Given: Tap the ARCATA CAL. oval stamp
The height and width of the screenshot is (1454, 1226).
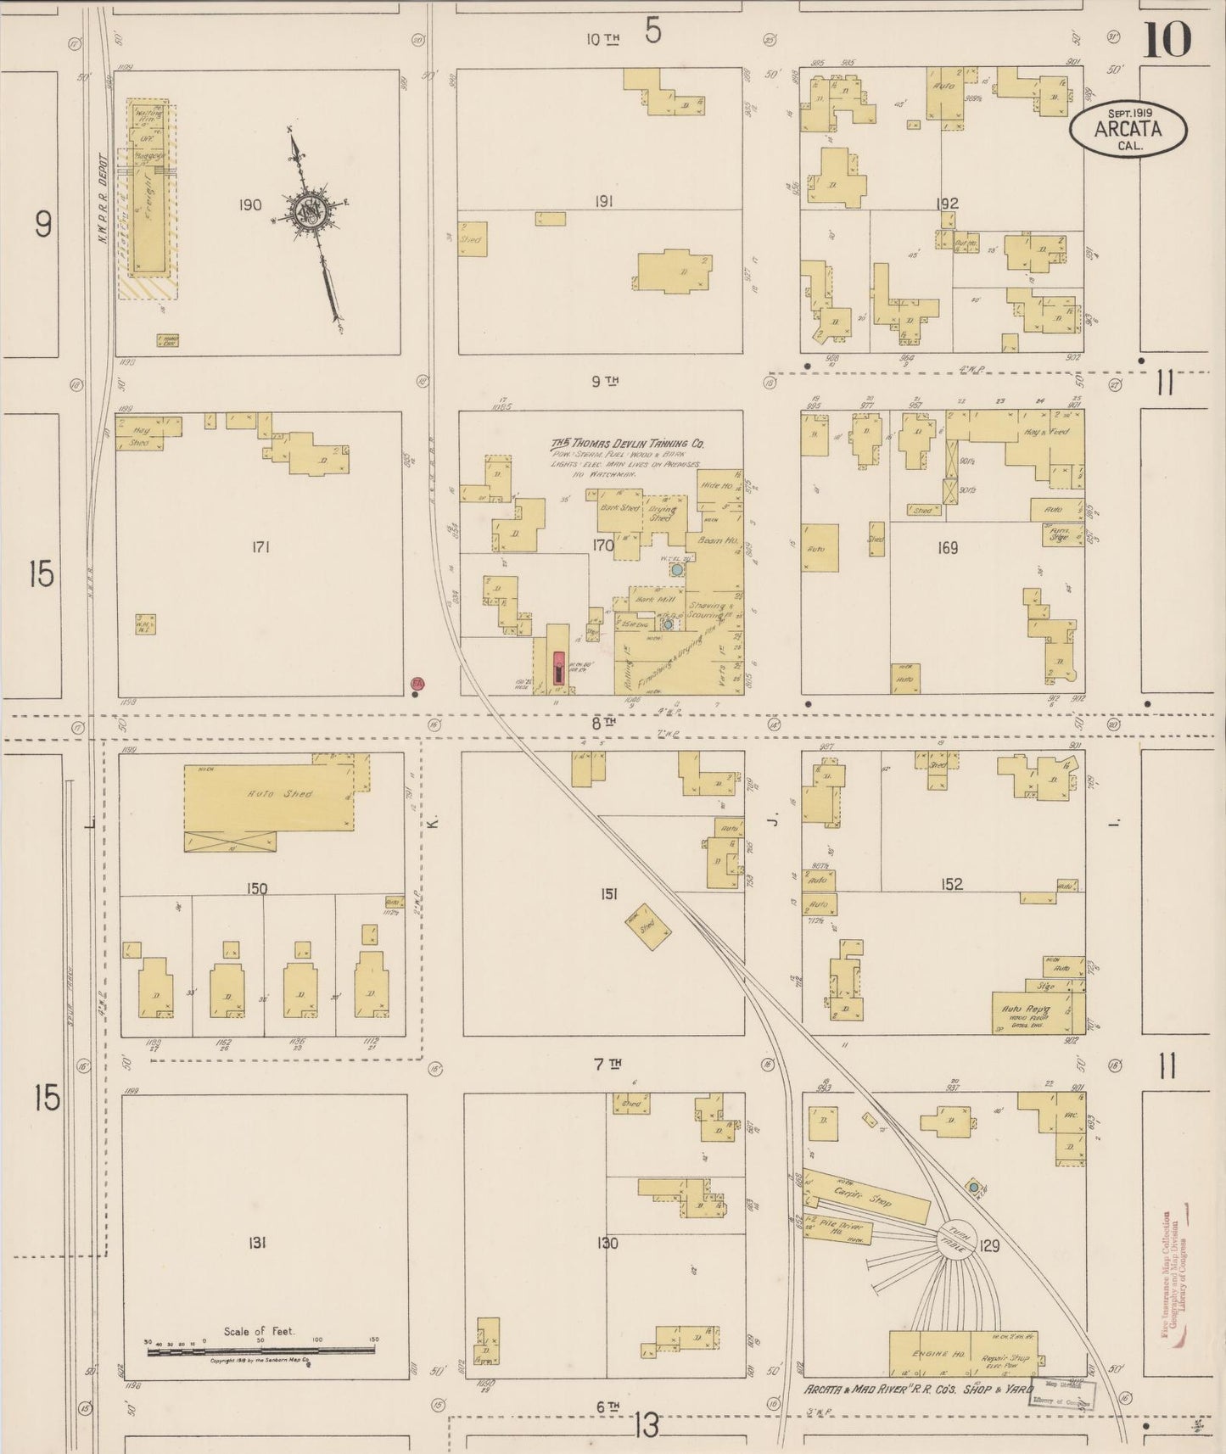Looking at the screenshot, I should pyautogui.click(x=1128, y=130).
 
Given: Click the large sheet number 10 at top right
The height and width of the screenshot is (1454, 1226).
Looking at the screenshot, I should pyautogui.click(x=1167, y=41).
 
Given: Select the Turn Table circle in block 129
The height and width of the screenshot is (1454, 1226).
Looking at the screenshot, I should pyautogui.click(x=956, y=1239).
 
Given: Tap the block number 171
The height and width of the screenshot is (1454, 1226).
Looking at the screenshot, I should pyautogui.click(x=260, y=548).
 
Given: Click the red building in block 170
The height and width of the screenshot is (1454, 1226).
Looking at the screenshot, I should pyautogui.click(x=558, y=668).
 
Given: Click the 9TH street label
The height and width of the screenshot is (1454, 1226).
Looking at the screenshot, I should pyautogui.click(x=605, y=382).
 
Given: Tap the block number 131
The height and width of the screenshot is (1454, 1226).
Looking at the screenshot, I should pyautogui.click(x=257, y=1243).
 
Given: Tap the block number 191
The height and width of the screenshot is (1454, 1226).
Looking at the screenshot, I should pyautogui.click(x=603, y=202).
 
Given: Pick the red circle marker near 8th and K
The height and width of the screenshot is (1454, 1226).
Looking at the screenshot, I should pyautogui.click(x=417, y=683).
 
